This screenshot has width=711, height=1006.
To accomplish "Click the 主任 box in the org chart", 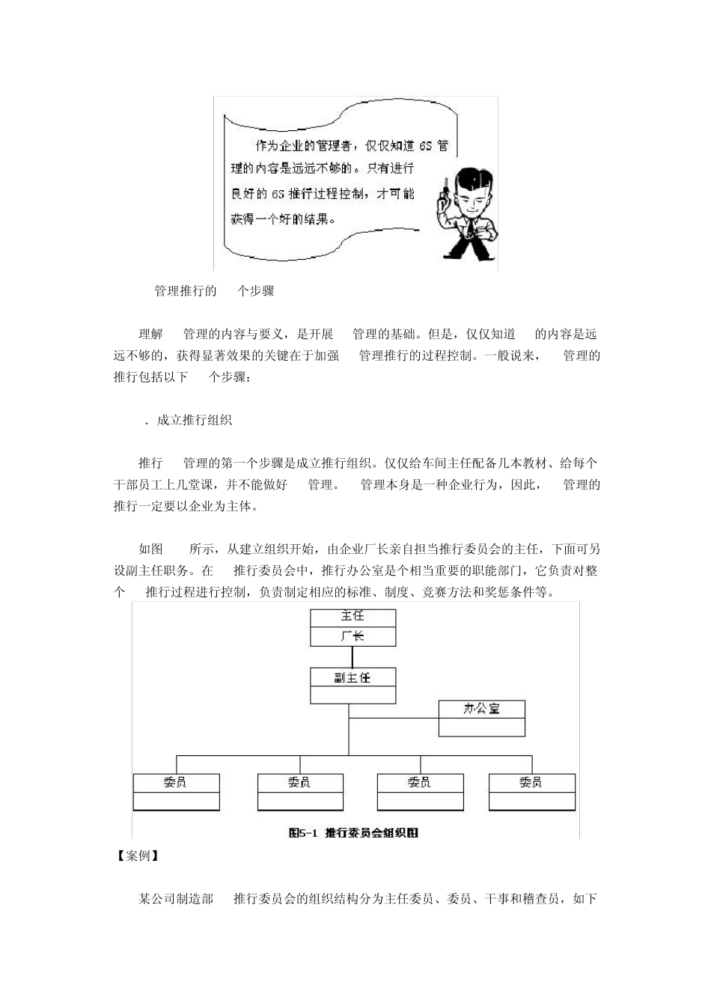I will point(353,617).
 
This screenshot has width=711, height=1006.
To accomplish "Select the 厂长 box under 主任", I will point(353,636).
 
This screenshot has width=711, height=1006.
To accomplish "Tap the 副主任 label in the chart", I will point(353,677).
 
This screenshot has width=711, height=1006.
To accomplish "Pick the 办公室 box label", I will point(481,709).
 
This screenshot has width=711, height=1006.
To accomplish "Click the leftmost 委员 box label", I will point(176,782).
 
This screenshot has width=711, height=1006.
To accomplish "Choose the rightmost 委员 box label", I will point(531,782).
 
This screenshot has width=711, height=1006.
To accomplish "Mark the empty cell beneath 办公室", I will point(481,728).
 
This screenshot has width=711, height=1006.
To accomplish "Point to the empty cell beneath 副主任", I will point(353,695).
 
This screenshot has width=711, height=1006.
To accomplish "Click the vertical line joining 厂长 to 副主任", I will point(353,656).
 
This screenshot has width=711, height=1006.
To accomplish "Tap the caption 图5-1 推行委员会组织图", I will point(353,832).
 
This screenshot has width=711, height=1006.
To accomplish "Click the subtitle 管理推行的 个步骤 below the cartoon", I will point(214,291).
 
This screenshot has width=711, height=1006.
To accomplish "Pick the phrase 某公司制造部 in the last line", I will point(176,898).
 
